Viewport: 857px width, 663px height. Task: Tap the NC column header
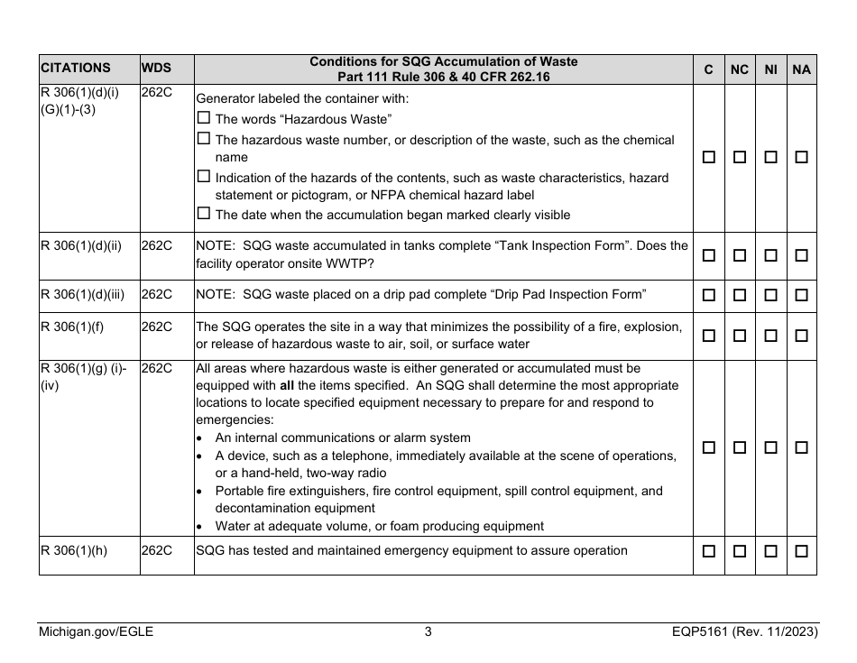pos(740,69)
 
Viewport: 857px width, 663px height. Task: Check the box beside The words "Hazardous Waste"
pos(203,118)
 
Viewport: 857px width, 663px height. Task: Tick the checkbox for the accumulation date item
pos(203,214)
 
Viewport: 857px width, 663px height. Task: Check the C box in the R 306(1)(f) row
pos(709,336)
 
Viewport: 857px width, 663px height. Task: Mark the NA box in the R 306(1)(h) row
pos(801,551)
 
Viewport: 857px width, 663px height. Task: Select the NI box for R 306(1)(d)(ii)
pos(770,255)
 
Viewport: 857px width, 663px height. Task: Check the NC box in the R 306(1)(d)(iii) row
pos(740,295)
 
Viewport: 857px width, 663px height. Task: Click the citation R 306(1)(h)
pos(75,550)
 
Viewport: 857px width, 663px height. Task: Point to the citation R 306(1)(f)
pos(72,327)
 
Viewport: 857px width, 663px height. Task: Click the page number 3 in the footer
pos(428,632)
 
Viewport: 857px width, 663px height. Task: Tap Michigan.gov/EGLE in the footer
pos(97,632)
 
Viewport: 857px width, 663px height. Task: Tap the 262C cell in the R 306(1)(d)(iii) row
pos(157,294)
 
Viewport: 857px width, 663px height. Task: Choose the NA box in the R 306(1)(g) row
pos(801,447)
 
